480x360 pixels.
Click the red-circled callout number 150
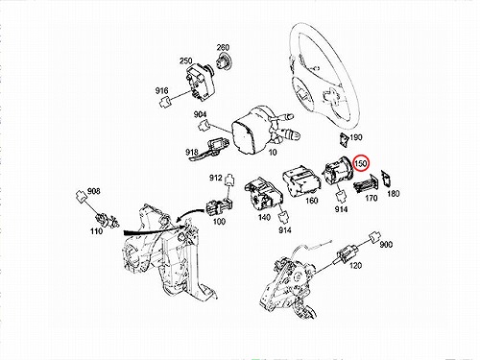361,163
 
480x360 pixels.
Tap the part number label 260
223,47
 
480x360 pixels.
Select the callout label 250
186,60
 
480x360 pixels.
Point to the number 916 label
161,91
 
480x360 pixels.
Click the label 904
200,114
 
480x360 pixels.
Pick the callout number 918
192,152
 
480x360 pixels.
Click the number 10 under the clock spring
273,153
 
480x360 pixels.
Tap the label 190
356,137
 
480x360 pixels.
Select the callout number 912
216,178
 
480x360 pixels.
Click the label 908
94,191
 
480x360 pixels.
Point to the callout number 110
96,230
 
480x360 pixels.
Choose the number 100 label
219,221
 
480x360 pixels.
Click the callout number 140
264,218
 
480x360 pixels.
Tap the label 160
312,201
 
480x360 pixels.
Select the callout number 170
372,199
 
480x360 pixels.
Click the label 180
394,194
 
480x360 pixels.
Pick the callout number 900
386,245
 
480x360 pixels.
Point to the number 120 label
355,265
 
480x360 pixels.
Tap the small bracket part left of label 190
345,140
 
